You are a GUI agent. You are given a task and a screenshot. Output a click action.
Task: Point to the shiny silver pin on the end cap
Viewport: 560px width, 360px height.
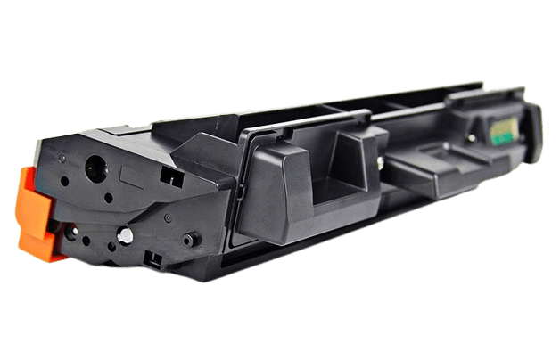pos(125,235)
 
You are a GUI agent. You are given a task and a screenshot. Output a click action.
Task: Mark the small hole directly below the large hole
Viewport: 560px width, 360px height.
pos(96,198)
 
